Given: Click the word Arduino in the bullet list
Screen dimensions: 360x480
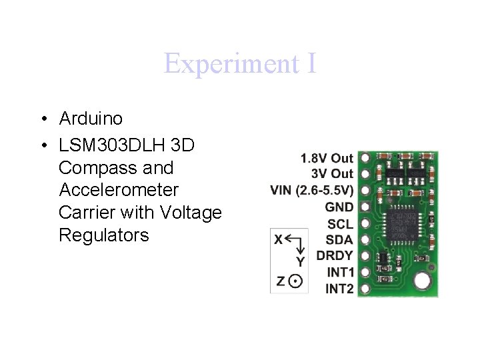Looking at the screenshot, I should [x=91, y=119].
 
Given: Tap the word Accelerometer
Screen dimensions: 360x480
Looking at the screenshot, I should [x=119, y=190].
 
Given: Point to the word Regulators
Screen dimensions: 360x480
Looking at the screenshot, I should [x=104, y=235].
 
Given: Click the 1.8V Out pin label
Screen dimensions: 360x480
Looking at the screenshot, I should [x=327, y=158].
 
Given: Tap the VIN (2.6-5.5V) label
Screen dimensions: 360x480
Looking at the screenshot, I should [x=312, y=191].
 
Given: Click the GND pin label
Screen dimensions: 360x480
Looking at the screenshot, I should [x=339, y=207].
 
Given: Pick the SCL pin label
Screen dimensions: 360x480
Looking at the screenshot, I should [x=341, y=223].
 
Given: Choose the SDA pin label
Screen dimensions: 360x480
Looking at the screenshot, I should [x=340, y=239].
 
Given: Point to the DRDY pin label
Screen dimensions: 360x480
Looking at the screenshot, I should [x=335, y=255].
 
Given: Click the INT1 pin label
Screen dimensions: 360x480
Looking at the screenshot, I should [x=340, y=272].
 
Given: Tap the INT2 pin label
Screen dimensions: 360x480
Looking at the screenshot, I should [x=339, y=289].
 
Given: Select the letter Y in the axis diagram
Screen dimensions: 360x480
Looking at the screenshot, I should [x=301, y=262].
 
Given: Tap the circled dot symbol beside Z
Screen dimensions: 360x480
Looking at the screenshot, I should [x=297, y=281].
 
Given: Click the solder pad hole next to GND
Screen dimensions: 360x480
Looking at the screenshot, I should [x=365, y=207].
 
